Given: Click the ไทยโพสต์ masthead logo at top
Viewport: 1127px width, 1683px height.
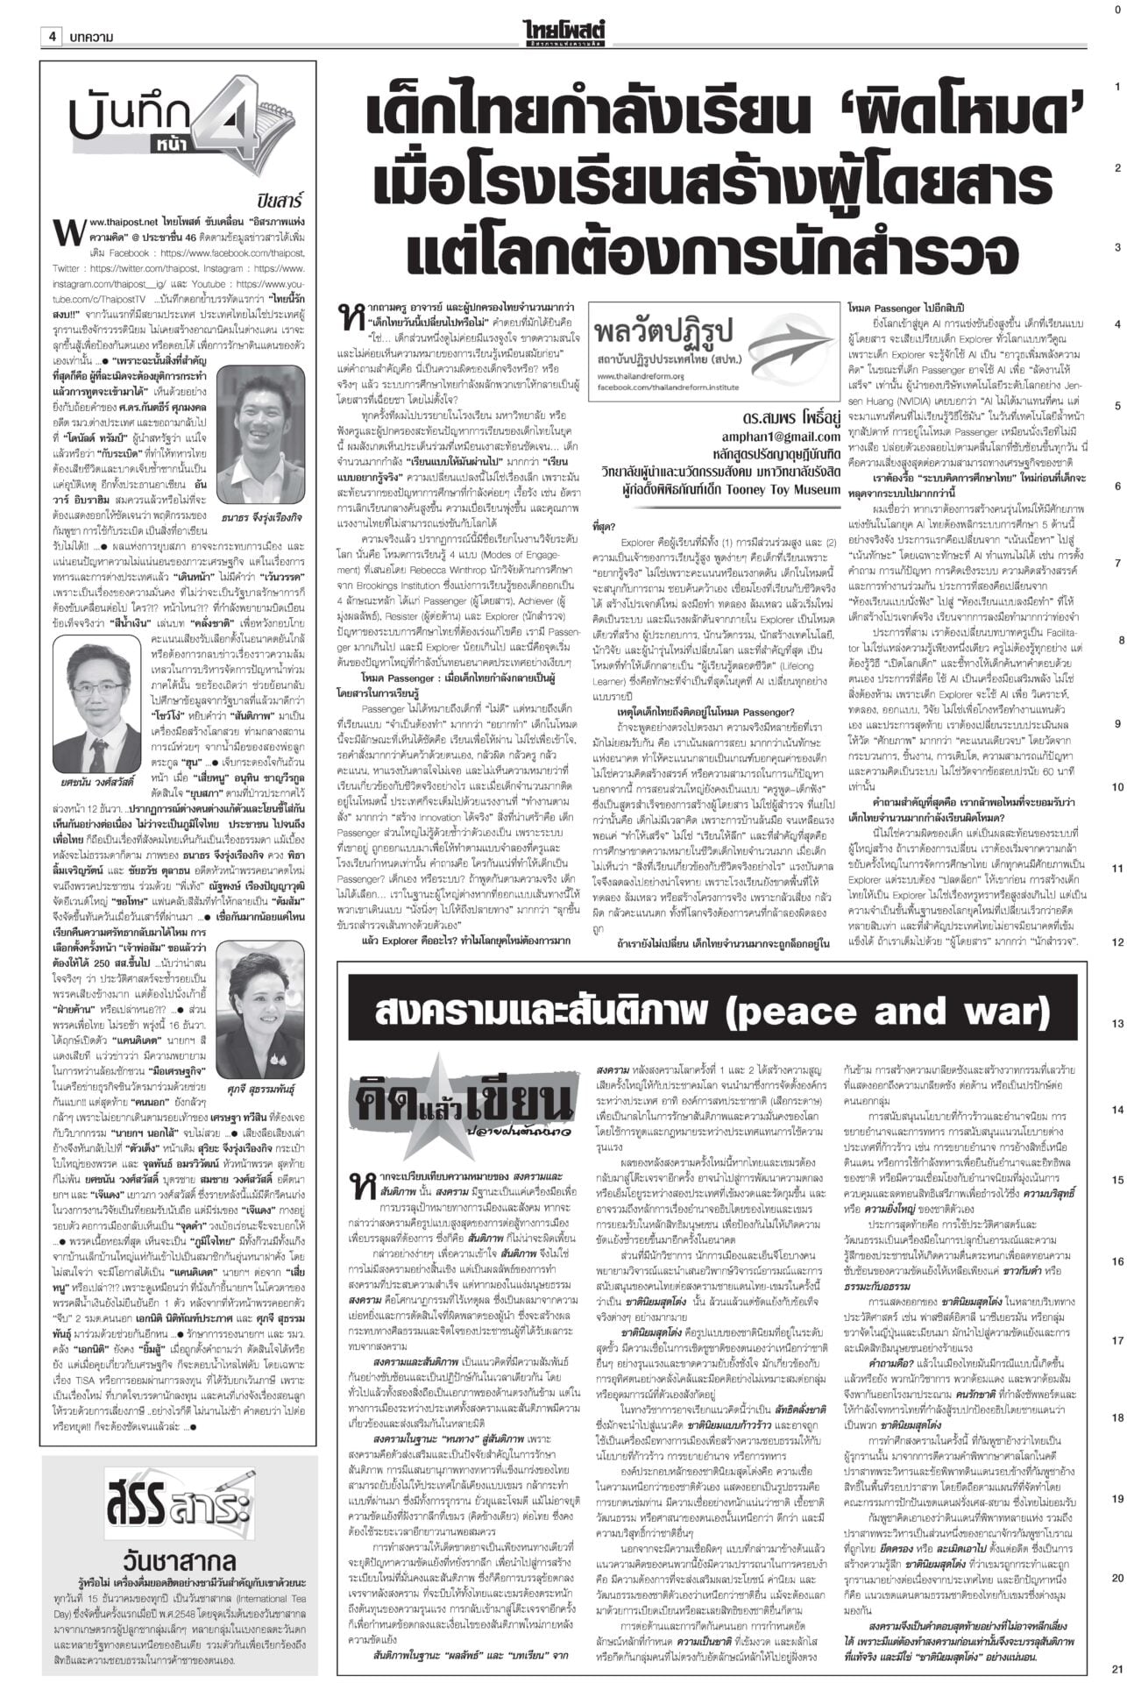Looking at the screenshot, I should click(x=563, y=12).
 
